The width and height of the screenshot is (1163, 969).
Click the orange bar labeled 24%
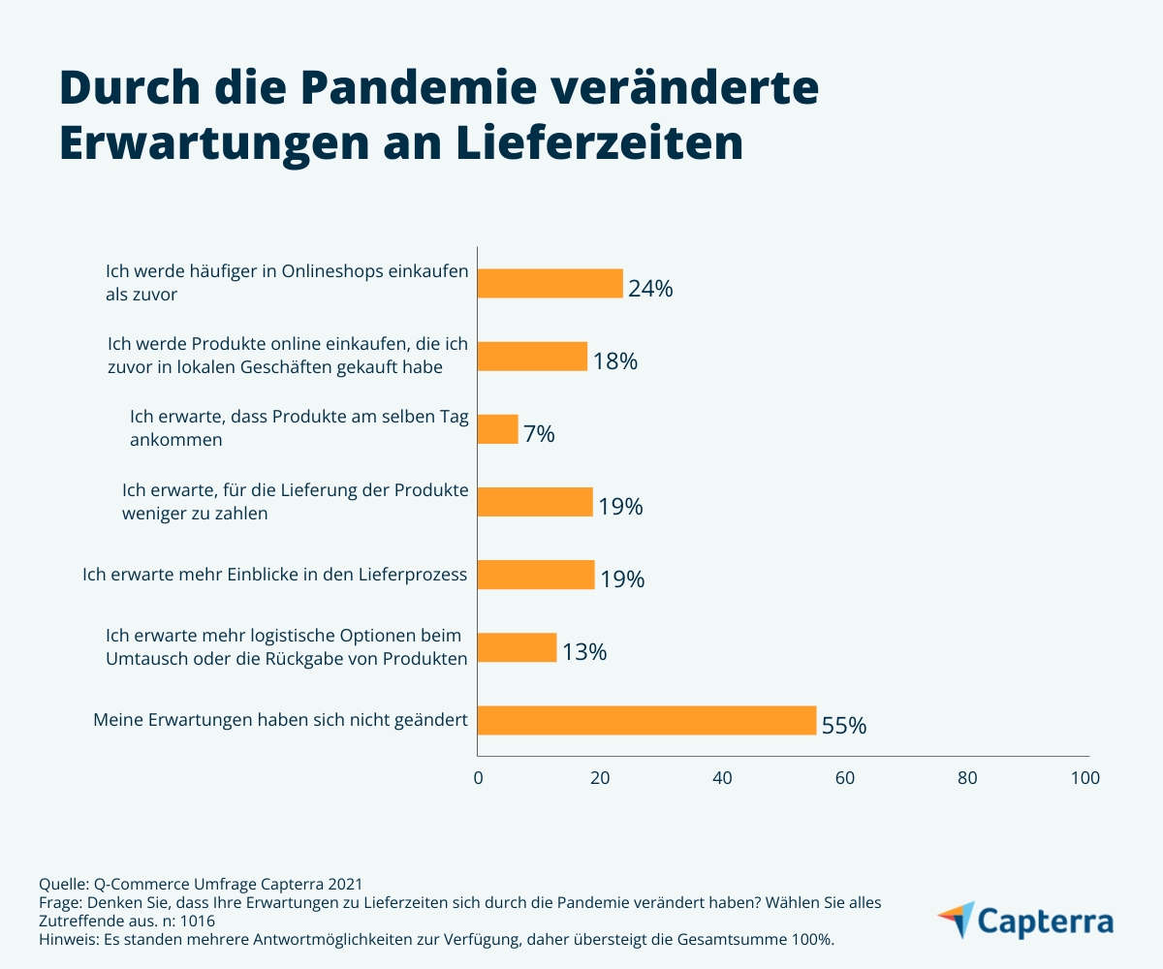(x=550, y=283)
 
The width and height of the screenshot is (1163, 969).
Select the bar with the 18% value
(x=533, y=356)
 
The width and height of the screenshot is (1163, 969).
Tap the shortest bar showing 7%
(x=498, y=429)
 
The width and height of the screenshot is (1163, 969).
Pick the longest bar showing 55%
(x=647, y=720)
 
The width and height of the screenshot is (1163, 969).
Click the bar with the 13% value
(x=518, y=647)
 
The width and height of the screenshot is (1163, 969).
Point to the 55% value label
(x=844, y=725)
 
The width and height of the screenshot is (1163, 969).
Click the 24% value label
(x=650, y=288)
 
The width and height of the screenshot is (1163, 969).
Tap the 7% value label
(x=539, y=434)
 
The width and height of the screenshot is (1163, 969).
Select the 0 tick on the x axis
(x=478, y=777)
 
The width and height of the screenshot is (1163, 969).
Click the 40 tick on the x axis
(x=722, y=777)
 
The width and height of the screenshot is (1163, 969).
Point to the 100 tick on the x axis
(x=1085, y=777)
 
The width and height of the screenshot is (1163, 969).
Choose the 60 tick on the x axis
(x=844, y=777)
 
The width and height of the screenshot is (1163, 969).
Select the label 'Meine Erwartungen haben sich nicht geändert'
(x=281, y=720)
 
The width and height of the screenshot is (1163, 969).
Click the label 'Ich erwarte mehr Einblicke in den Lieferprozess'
(x=275, y=575)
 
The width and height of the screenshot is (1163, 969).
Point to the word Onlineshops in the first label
(x=333, y=272)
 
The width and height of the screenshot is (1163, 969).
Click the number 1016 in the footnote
(x=197, y=921)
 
